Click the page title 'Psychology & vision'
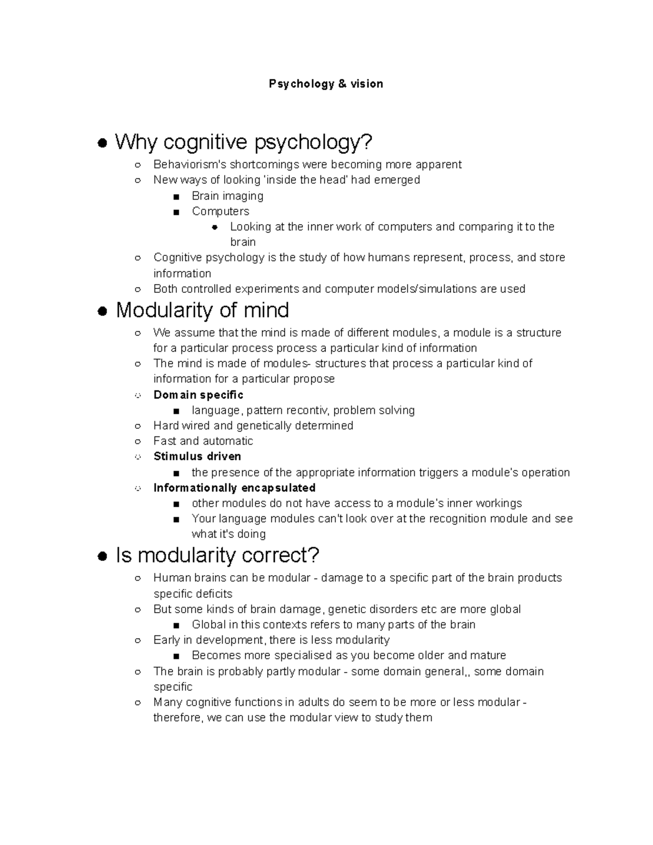[x=326, y=84]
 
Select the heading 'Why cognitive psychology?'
[x=244, y=143]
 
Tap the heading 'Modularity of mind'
[x=202, y=311]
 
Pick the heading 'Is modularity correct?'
[x=218, y=556]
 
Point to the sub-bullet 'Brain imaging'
[x=227, y=196]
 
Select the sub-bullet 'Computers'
[x=220, y=211]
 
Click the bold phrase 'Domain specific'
[x=198, y=394]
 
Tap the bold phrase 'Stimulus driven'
[x=197, y=456]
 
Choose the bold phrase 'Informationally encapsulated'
[x=235, y=488]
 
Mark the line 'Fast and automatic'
[x=203, y=441]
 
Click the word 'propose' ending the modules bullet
[x=314, y=379]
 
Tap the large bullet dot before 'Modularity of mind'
[x=101, y=312]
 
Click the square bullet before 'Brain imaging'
[x=176, y=197]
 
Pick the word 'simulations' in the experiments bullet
[x=447, y=289]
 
